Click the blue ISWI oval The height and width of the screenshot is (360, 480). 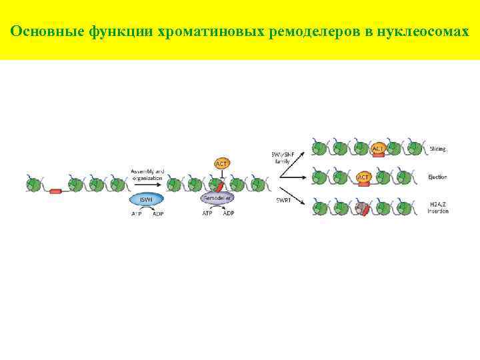coord(145,199)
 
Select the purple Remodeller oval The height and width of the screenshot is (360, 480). coord(217,199)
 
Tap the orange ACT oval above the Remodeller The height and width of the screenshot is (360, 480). coord(221,163)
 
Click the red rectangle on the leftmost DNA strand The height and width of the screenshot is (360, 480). coord(55,191)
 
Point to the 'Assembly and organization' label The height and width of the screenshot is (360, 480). coord(147,174)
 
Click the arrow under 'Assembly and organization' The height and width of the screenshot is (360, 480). coord(147,185)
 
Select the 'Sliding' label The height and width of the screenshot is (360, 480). coord(438,149)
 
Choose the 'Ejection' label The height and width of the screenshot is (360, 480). coord(438,177)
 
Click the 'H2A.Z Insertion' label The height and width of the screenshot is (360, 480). coord(438,207)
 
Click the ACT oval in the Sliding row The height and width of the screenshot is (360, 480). coord(378,149)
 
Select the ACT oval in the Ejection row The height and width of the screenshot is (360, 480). coord(364,177)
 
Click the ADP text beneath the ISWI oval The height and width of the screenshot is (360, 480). coord(159,213)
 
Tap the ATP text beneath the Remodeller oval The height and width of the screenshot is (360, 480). coord(207,213)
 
